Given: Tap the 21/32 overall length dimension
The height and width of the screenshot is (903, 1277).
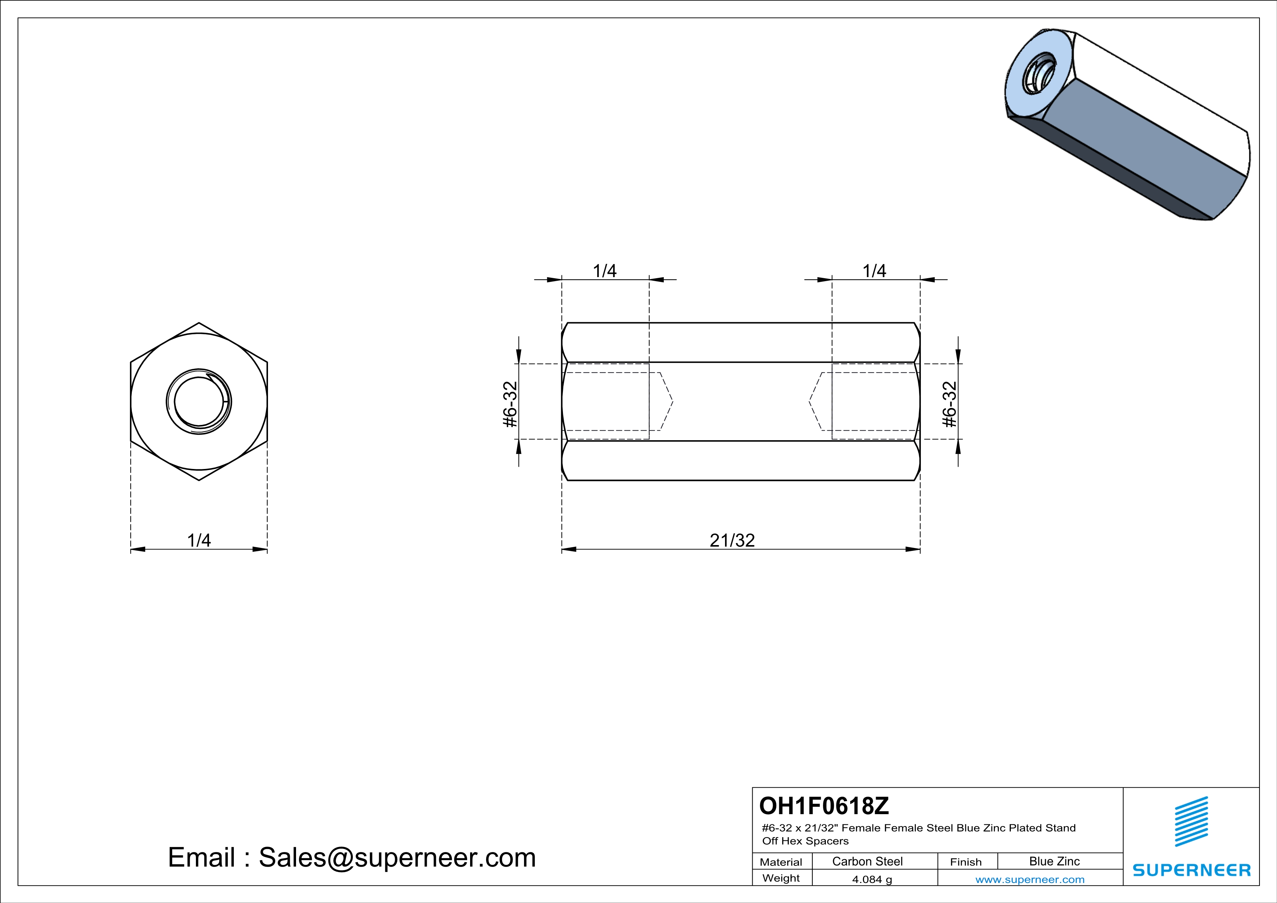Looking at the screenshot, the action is (732, 540).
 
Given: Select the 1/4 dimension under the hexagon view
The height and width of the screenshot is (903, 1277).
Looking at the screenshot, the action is (199, 540).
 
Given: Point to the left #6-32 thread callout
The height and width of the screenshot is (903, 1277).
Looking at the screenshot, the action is (511, 404).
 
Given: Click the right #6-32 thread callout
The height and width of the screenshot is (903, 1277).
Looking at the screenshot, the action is (950, 404).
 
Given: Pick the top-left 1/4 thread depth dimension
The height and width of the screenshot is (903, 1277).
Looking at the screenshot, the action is (604, 271).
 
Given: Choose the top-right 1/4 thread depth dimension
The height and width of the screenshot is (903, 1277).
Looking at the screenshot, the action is (874, 271).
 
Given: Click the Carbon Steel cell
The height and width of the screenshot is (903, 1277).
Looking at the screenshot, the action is (867, 861).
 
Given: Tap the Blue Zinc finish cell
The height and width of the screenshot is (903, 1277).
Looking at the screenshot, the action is (1055, 861).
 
